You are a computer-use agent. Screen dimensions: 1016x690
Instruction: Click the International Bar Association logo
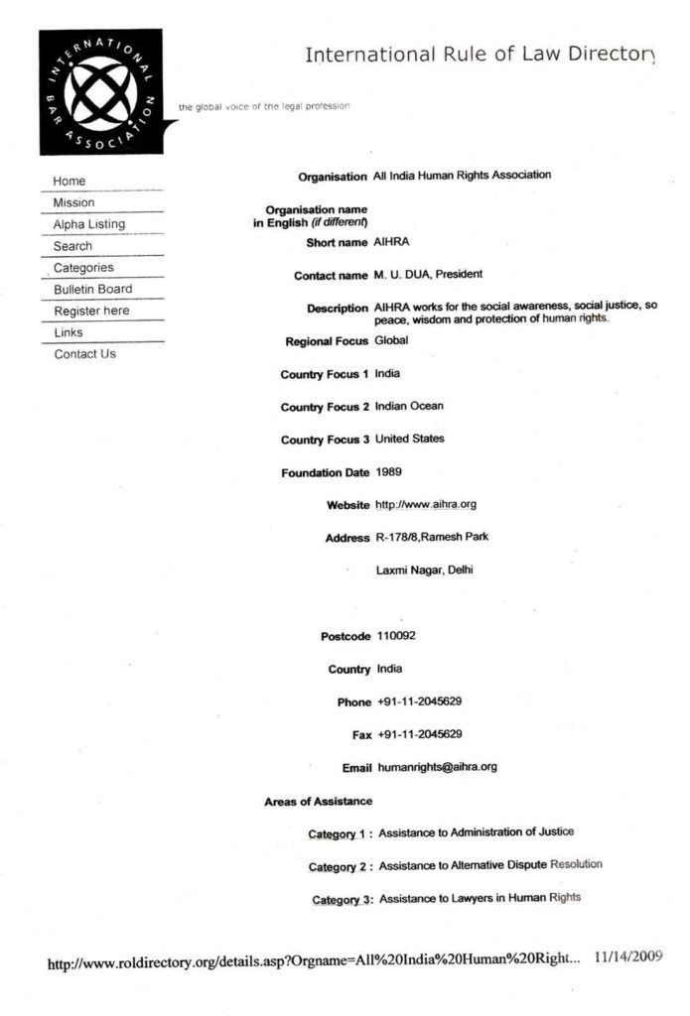(99, 91)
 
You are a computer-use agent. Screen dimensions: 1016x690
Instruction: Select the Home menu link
(69, 182)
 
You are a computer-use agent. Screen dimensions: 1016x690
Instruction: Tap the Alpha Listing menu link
(89, 224)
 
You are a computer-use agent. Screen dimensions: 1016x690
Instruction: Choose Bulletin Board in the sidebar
(92, 290)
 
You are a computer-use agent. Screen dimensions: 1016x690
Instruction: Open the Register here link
(91, 312)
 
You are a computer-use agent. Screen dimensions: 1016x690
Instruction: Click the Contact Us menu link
(84, 354)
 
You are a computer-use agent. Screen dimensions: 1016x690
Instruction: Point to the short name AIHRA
(392, 242)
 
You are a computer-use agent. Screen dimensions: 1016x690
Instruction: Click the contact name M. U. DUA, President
(428, 275)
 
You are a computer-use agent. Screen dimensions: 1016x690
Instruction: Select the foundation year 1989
(389, 472)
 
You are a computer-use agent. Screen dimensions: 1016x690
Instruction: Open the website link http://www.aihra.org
(426, 505)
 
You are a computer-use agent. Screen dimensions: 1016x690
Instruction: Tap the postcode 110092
(396, 636)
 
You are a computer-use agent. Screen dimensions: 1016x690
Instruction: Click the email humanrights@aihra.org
(437, 767)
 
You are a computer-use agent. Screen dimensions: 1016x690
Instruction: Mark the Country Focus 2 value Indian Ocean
(409, 406)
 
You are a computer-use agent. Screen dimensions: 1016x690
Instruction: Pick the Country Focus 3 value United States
(409, 439)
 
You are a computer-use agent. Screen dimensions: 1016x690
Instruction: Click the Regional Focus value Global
(391, 340)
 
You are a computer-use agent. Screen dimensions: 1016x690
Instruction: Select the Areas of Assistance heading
(318, 801)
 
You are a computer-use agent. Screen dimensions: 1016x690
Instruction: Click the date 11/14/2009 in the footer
(627, 957)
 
